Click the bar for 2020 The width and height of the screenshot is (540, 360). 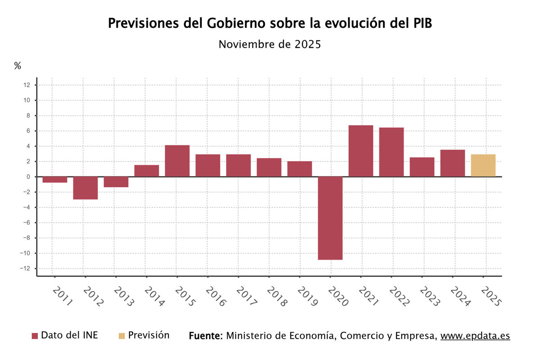pyautogui.click(x=330, y=218)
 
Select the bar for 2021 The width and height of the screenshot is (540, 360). pyautogui.click(x=361, y=151)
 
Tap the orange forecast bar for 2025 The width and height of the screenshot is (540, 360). pyautogui.click(x=483, y=165)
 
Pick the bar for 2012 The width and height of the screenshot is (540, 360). pyautogui.click(x=85, y=188)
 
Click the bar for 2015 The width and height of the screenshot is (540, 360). pyautogui.click(x=177, y=161)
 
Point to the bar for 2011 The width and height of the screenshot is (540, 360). pyautogui.click(x=55, y=180)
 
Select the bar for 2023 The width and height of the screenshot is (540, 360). pyautogui.click(x=422, y=167)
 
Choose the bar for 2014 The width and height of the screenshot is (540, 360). pyautogui.click(x=147, y=171)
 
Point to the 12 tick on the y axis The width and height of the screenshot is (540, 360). pyautogui.click(x=27, y=85)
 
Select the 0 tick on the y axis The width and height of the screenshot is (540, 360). pyautogui.click(x=28, y=177)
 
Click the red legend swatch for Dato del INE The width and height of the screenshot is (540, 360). pyautogui.click(x=35, y=336)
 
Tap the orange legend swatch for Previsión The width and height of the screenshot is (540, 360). pyautogui.click(x=121, y=336)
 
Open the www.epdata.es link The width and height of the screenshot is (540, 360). pyautogui.click(x=475, y=336)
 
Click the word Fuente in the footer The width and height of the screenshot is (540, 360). pyautogui.click(x=205, y=336)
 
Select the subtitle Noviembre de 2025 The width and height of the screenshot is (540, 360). pyautogui.click(x=270, y=45)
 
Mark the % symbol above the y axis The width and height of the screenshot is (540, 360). pyautogui.click(x=18, y=66)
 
